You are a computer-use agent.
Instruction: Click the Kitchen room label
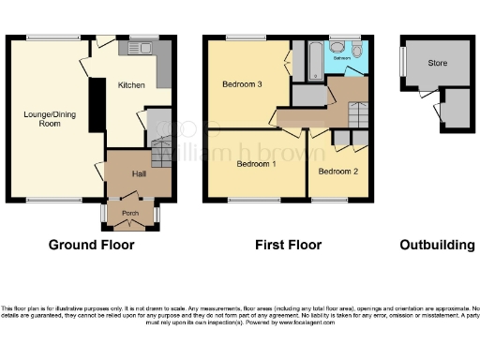tap(131, 85)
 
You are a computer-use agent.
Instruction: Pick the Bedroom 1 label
tap(255, 164)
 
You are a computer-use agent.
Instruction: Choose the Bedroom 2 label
tap(337, 172)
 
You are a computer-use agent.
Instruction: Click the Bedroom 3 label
tap(241, 85)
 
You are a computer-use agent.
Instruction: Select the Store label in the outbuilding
tap(437, 64)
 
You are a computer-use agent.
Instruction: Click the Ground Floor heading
tap(91, 246)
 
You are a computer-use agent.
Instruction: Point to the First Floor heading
tap(288, 246)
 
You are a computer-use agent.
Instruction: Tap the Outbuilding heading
tap(437, 246)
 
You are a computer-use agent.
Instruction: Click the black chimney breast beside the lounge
tap(96, 106)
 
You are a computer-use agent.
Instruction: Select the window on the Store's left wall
tap(402, 65)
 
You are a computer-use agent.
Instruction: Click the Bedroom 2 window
tap(329, 200)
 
